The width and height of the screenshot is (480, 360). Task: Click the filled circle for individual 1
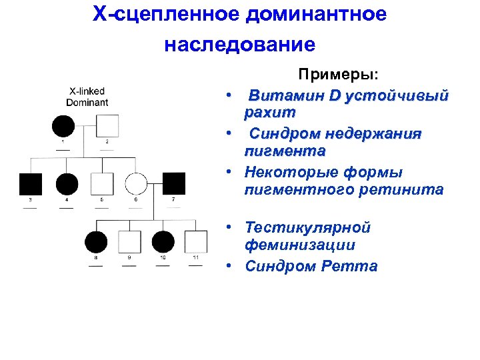click(x=64, y=125)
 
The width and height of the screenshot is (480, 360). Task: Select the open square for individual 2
click(x=107, y=125)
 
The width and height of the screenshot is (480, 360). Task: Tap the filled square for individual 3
click(x=30, y=183)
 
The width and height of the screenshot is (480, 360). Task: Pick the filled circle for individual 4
click(x=67, y=183)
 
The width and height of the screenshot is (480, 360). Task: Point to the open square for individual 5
click(x=101, y=183)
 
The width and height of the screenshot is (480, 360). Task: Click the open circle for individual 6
click(x=137, y=183)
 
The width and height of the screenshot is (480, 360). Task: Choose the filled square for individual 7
click(x=173, y=183)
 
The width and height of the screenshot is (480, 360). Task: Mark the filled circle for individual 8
click(x=95, y=241)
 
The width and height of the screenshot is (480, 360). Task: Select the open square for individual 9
click(x=129, y=241)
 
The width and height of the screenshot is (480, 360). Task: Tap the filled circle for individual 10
click(x=163, y=241)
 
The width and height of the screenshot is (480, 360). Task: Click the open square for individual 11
click(x=196, y=241)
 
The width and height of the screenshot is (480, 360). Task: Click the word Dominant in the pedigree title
click(x=87, y=102)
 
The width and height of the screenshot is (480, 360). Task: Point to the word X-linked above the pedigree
click(x=87, y=91)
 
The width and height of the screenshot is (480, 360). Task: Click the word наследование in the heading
click(x=239, y=45)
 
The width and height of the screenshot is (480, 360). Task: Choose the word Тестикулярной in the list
click(x=307, y=228)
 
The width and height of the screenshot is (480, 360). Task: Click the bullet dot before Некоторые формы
click(x=227, y=173)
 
